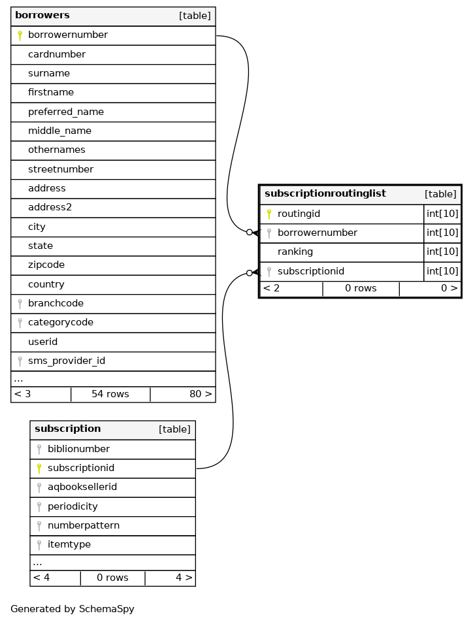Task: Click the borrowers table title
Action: [x=42, y=16]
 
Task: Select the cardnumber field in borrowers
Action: [x=57, y=54]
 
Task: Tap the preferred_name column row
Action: [x=66, y=112]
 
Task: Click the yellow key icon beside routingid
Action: [x=269, y=214]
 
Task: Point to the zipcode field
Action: [x=46, y=265]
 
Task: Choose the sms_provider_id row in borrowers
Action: [x=67, y=361]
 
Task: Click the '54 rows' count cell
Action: [x=110, y=394]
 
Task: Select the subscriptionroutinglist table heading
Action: [x=325, y=194]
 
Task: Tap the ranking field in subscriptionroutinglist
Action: [x=295, y=252]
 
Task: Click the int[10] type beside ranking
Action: [x=442, y=252]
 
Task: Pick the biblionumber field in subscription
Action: [x=78, y=449]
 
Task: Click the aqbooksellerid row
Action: [x=82, y=487]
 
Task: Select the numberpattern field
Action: [x=84, y=525]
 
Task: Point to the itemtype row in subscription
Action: [x=69, y=544]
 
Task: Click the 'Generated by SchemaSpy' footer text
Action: [x=73, y=609]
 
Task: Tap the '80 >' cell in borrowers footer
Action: [x=201, y=394]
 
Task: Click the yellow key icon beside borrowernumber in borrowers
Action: [x=20, y=35]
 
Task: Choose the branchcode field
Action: [x=56, y=304]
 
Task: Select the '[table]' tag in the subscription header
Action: [x=174, y=429]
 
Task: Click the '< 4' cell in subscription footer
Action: [x=41, y=578]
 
